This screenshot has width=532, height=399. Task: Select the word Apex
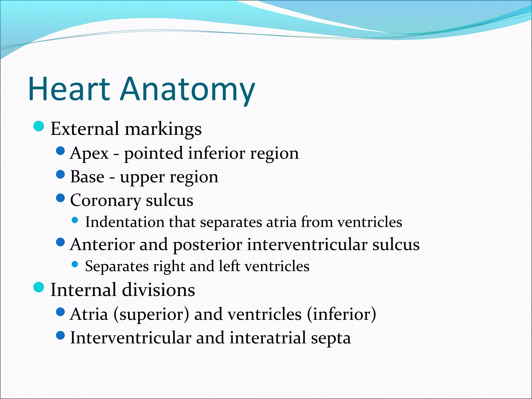[x=89, y=154]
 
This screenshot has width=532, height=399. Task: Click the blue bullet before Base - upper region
[x=60, y=174]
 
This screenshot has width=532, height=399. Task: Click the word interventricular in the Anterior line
[x=307, y=245]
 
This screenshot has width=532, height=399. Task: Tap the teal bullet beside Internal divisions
[x=39, y=287]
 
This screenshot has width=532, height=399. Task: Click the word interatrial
[x=268, y=338]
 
